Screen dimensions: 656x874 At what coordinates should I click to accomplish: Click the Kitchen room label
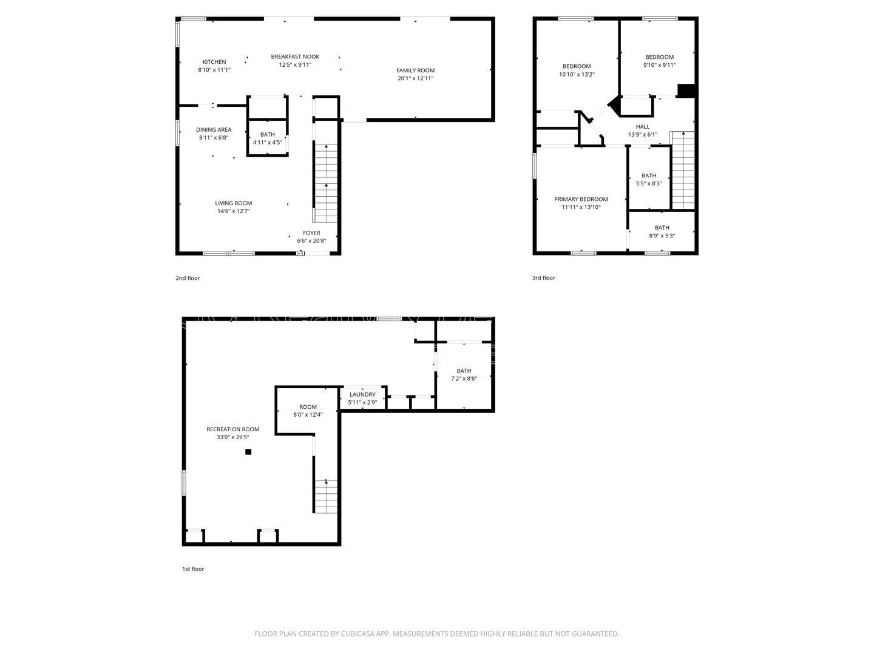point(214,62)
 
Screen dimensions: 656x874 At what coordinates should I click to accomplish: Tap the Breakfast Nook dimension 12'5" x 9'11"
point(295,64)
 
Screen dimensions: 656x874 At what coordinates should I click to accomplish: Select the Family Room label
point(416,70)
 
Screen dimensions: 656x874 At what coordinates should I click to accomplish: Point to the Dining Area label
point(214,129)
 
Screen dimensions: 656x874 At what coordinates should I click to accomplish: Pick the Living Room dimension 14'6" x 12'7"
point(233,211)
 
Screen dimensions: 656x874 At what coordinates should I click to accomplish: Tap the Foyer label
point(311,233)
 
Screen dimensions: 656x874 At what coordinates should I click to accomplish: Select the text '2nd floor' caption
point(188,278)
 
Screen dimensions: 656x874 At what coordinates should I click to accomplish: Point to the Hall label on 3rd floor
point(642,127)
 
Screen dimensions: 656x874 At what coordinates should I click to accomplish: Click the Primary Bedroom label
point(581,199)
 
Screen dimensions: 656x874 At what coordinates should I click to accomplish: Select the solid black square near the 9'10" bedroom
point(686,91)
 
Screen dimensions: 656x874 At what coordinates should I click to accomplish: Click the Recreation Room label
point(232,429)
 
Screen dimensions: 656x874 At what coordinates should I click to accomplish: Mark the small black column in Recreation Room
point(248,452)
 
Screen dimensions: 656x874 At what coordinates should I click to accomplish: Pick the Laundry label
point(362,395)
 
